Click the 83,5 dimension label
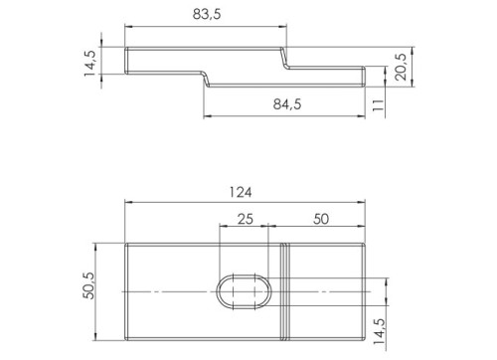[207, 15]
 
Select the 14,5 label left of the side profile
[90, 63]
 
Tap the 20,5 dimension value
[401, 67]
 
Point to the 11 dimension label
[378, 104]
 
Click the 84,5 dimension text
[287, 104]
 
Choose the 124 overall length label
[241, 192]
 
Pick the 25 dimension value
[246, 219]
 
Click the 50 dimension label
[321, 219]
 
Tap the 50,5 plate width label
[88, 285]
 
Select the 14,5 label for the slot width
[379, 331]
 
